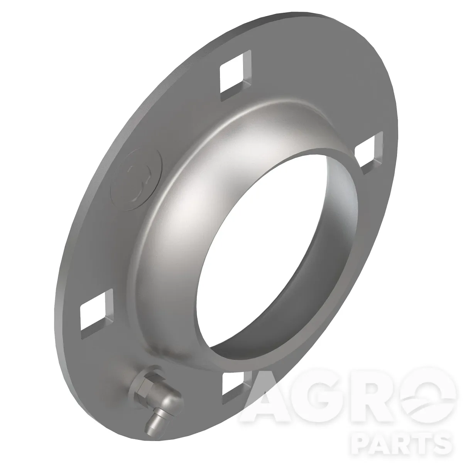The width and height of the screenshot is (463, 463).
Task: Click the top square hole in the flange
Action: [235, 75]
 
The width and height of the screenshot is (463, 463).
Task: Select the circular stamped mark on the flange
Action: [137, 179]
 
